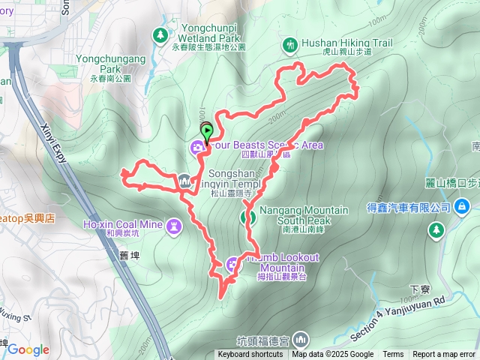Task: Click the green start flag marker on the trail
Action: pyautogui.click(x=206, y=130)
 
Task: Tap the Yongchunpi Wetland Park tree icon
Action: pyautogui.click(x=160, y=34)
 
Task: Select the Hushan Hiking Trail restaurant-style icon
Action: pyautogui.click(x=290, y=45)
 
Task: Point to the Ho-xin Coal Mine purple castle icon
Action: pyautogui.click(x=174, y=225)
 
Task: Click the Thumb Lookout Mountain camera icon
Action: pyautogui.click(x=232, y=263)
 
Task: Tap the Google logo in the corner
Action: pyautogui.click(x=28, y=349)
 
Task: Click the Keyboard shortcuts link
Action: pyautogui.click(x=251, y=355)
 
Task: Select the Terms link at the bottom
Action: pyautogui.click(x=393, y=355)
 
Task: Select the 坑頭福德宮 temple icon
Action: pyautogui.click(x=301, y=338)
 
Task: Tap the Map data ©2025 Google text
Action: pyautogui.click(x=333, y=355)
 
